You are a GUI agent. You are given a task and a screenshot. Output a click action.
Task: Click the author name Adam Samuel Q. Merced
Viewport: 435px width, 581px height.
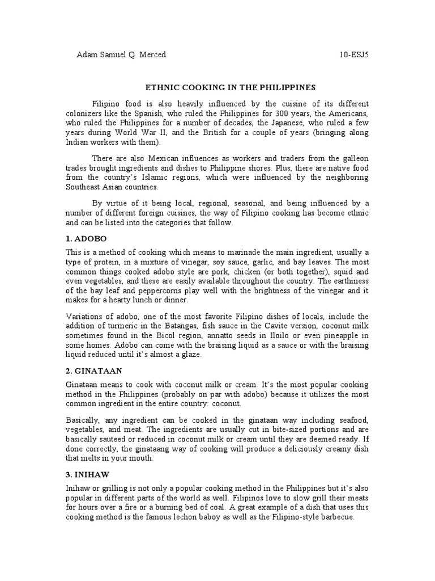[121, 55]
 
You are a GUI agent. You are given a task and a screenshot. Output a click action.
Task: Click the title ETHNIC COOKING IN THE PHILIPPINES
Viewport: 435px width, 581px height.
[230, 88]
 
